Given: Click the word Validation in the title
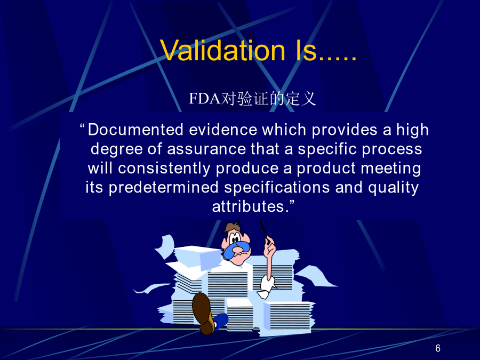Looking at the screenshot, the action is tap(222, 50).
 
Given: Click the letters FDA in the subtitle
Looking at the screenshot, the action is tap(204, 99).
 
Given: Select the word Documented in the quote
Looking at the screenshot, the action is tap(135, 130).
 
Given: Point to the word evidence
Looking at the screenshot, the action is tap(223, 130).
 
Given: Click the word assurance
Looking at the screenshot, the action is tap(206, 149).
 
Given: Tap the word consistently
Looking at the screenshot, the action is tap(164, 168).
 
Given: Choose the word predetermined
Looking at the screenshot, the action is tap(164, 188).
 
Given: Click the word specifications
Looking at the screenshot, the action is tap(277, 188).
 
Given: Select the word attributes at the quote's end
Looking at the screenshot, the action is tap(248, 206).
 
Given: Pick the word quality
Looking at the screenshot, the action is tap(394, 188).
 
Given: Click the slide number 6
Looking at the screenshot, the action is tap(438, 348).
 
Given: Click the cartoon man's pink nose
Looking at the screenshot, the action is tap(237, 250).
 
